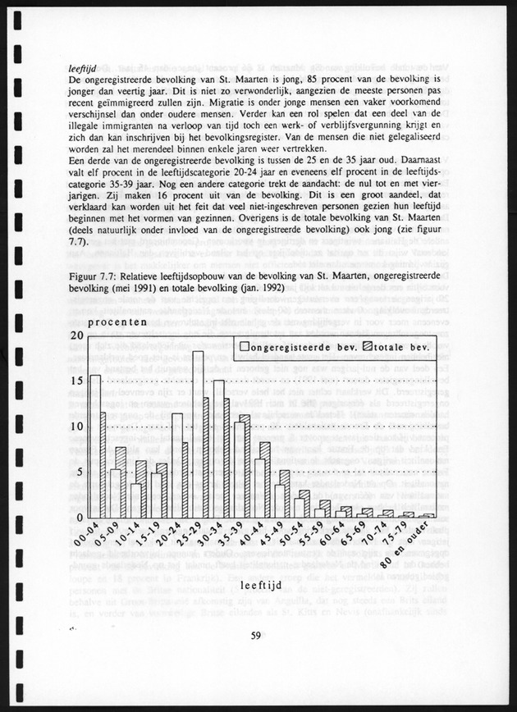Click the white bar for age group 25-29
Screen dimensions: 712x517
pyautogui.click(x=198, y=435)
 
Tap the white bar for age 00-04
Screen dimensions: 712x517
pyautogui.click(x=95, y=446)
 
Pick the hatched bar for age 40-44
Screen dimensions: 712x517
pyautogui.click(x=265, y=480)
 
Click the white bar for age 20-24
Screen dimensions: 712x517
pyautogui.click(x=177, y=465)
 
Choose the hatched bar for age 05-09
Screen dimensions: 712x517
pyautogui.click(x=121, y=482)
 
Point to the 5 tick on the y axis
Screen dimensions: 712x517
pyautogui.click(x=80, y=472)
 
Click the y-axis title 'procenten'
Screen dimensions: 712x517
pyautogui.click(x=118, y=322)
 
